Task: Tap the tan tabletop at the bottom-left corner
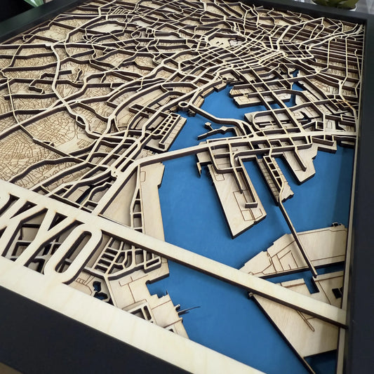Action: (6, 369)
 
